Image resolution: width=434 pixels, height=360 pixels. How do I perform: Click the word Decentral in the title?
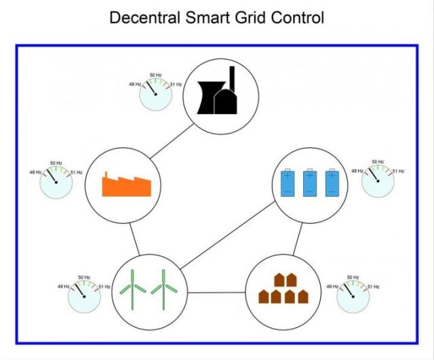coord(144,18)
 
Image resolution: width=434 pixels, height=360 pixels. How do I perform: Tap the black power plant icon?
coord(218,90)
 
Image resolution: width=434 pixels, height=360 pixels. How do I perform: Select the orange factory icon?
coord(127,184)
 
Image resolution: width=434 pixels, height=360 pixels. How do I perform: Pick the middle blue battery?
coord(310,182)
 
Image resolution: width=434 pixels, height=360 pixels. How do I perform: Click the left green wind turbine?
coord(133,289)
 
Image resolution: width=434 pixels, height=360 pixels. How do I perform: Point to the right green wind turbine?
coord(164,289)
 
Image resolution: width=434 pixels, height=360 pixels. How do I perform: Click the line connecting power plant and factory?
coord(172,142)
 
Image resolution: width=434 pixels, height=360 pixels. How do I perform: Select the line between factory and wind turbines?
coord(134,239)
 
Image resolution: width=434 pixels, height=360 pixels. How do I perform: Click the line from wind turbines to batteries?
coord(228,235)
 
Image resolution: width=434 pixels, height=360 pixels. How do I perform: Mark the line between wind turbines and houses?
coord(216,292)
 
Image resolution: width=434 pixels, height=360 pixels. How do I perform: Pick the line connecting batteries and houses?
coord(298,239)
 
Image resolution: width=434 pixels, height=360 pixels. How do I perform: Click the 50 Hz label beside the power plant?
coord(155,75)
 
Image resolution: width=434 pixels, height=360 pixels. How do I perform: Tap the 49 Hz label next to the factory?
coord(35,172)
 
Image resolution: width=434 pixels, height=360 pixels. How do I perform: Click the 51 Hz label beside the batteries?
coord(398,172)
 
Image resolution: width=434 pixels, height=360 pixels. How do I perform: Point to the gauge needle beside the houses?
coord(348,290)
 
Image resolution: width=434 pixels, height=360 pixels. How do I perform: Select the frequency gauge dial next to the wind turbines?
coord(84,296)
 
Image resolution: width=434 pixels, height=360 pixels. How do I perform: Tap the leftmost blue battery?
coord(288,182)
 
